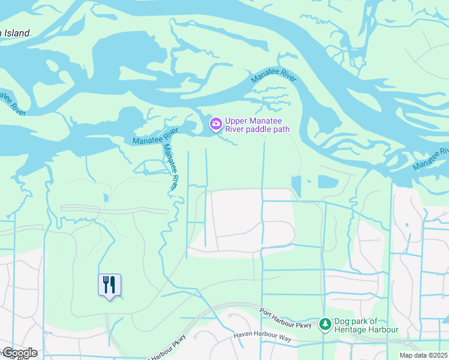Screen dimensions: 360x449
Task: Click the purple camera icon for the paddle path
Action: (215, 124)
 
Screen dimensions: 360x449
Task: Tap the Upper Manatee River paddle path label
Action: (257, 124)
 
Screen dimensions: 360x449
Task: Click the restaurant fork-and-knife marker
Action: (109, 284)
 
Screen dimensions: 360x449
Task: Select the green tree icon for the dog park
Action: (325, 324)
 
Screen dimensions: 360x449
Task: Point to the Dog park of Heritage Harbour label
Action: (367, 325)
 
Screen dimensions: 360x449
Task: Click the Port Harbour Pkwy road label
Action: (286, 318)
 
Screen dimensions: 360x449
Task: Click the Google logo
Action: (20, 353)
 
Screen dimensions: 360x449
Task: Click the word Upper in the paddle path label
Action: (236, 120)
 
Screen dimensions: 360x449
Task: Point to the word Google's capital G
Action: (8, 353)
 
